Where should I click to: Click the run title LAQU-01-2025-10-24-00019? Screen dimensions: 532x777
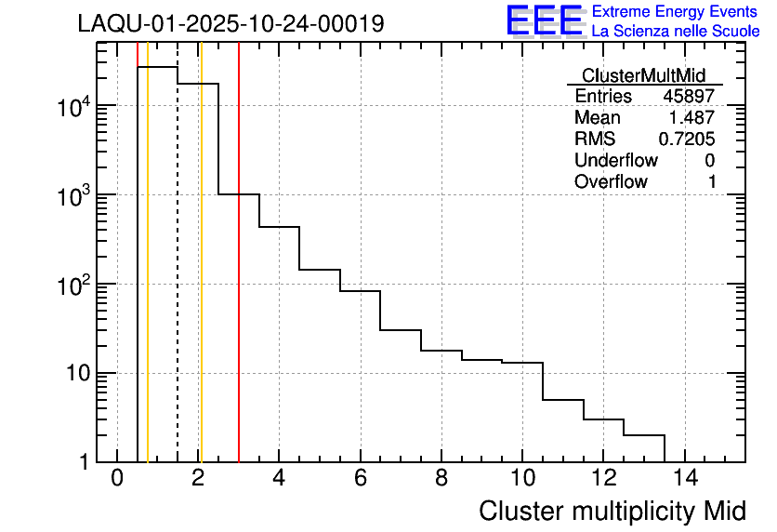(230, 24)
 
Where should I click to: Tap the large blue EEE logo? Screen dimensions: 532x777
(545, 20)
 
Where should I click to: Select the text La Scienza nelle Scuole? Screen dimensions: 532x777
(675, 32)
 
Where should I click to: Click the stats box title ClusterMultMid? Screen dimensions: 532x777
(643, 75)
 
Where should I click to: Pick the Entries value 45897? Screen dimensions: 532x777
(689, 97)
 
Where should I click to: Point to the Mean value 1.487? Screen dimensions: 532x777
(692, 118)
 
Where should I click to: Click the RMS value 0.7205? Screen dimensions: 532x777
(687, 140)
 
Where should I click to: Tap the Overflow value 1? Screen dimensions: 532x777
(712, 182)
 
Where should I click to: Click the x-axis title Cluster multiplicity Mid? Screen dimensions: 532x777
(612, 512)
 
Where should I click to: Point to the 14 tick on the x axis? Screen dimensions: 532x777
(684, 480)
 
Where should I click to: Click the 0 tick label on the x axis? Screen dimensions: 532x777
(117, 480)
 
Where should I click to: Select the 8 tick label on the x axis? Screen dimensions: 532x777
(441, 480)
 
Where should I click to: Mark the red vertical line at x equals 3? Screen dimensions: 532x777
(239, 279)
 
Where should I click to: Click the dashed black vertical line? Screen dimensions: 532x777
(178, 279)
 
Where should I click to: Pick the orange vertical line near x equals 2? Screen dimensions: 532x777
(201, 279)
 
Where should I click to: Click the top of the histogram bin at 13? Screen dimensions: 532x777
(644, 434)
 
